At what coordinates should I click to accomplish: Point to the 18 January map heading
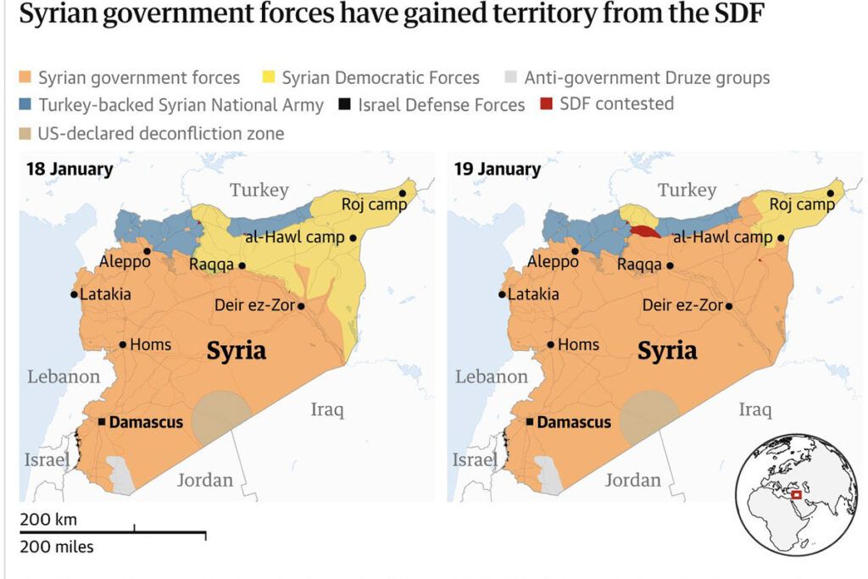tap(70, 169)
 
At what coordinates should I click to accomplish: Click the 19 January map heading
tap(498, 169)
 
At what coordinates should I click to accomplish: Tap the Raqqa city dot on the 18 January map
tap(242, 265)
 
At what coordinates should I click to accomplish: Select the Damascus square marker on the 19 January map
tap(529, 422)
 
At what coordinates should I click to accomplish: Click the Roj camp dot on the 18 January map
tap(403, 193)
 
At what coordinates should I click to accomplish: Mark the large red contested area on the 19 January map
tap(644, 231)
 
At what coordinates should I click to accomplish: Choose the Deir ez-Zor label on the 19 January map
tap(682, 306)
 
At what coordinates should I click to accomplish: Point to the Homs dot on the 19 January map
tap(551, 344)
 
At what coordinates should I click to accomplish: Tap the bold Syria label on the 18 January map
tap(236, 350)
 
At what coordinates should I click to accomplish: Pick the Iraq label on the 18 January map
tap(326, 410)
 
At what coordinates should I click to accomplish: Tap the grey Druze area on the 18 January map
tap(121, 476)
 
